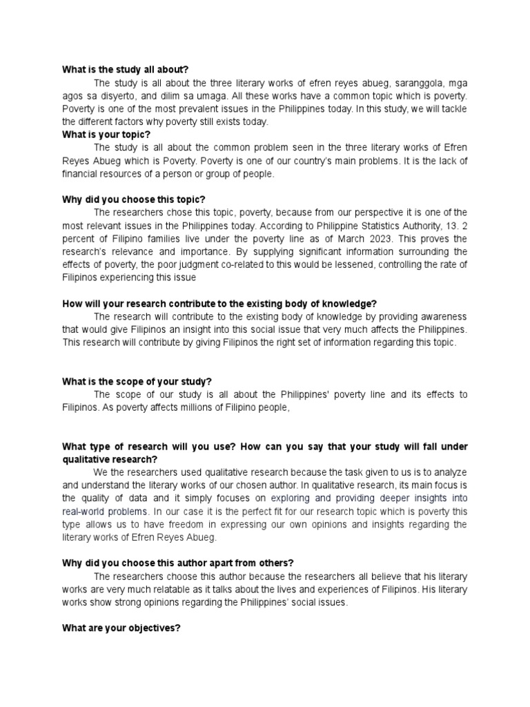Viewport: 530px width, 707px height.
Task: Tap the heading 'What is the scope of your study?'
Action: (x=137, y=381)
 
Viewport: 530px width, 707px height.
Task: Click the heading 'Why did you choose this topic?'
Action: (x=134, y=200)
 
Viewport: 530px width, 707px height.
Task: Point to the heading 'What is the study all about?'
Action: (x=125, y=70)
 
